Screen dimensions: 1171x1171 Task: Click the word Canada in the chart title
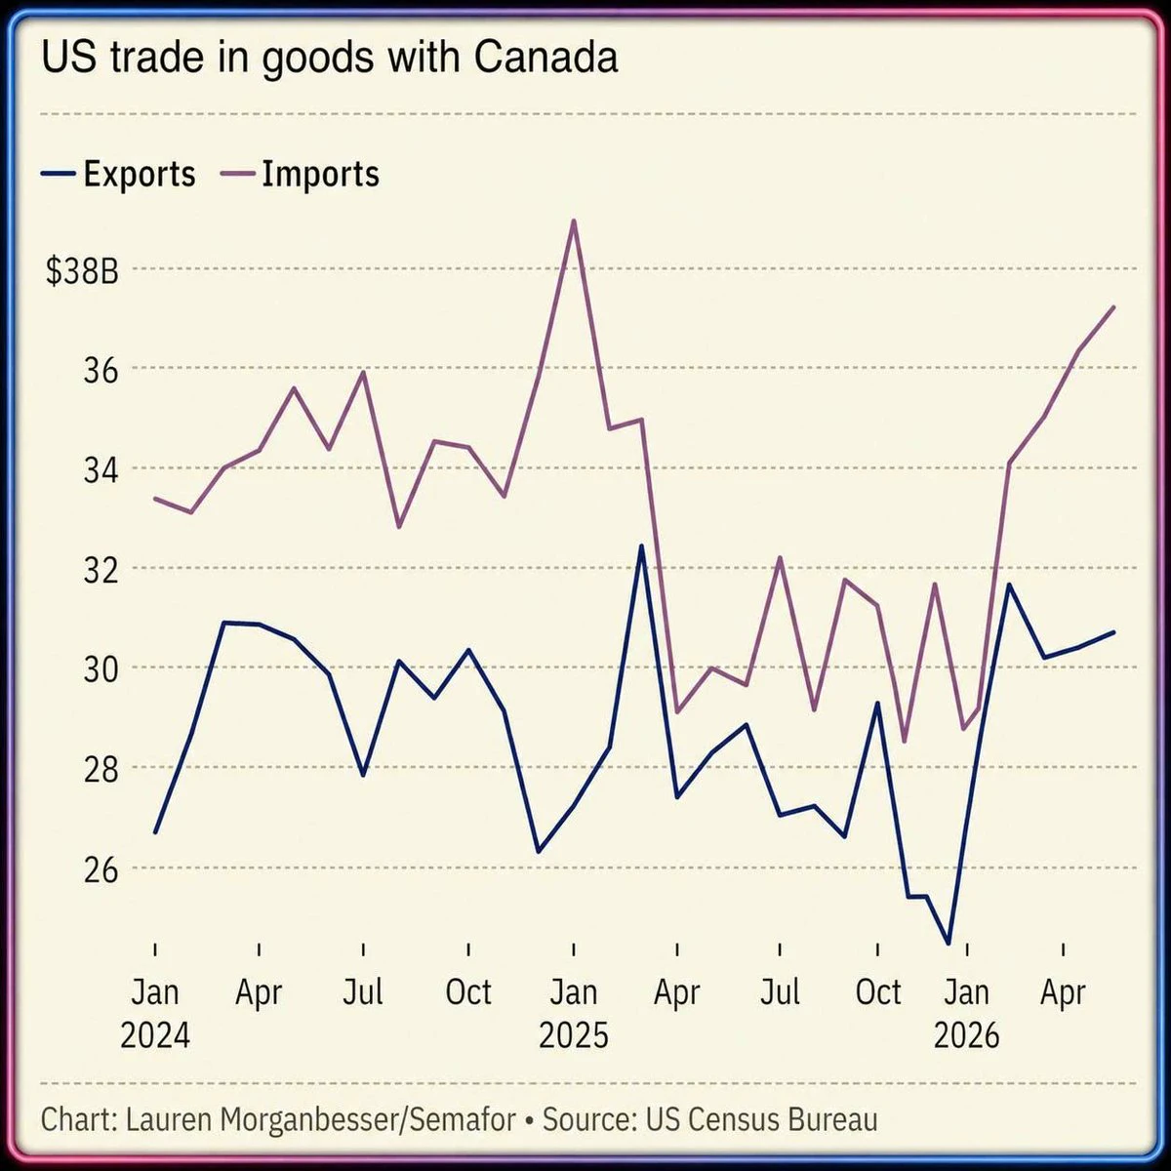coord(545,58)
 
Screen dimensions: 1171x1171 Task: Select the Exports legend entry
coord(118,175)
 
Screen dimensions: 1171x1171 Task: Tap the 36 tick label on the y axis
coord(101,371)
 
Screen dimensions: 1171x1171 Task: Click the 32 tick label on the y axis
coord(101,571)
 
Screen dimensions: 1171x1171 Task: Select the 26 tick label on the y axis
coord(101,870)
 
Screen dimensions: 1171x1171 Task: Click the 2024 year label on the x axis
coord(155,1035)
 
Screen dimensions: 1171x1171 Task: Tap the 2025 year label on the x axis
coord(574,1035)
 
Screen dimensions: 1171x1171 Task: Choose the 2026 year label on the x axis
coord(966,1035)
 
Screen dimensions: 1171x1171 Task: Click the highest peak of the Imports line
coord(574,221)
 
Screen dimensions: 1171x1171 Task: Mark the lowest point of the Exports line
coord(948,944)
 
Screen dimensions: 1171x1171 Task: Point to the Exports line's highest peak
coord(640,545)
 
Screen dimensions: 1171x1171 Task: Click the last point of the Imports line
coord(1113,306)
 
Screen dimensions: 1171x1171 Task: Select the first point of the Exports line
coord(155,832)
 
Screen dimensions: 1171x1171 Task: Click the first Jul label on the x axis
coord(363,991)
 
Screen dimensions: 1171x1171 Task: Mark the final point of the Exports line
coord(1113,632)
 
